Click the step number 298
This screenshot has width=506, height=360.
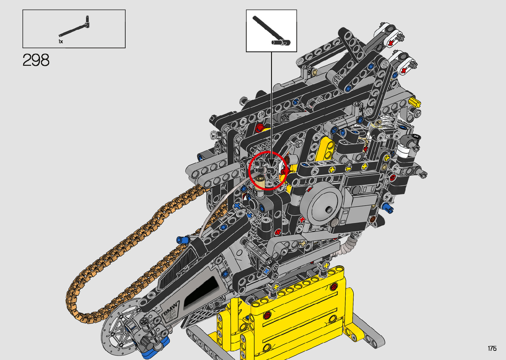(x=36, y=60)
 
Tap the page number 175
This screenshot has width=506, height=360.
(x=492, y=348)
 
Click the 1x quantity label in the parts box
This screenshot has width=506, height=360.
(x=61, y=42)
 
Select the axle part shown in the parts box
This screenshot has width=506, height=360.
(x=75, y=27)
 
